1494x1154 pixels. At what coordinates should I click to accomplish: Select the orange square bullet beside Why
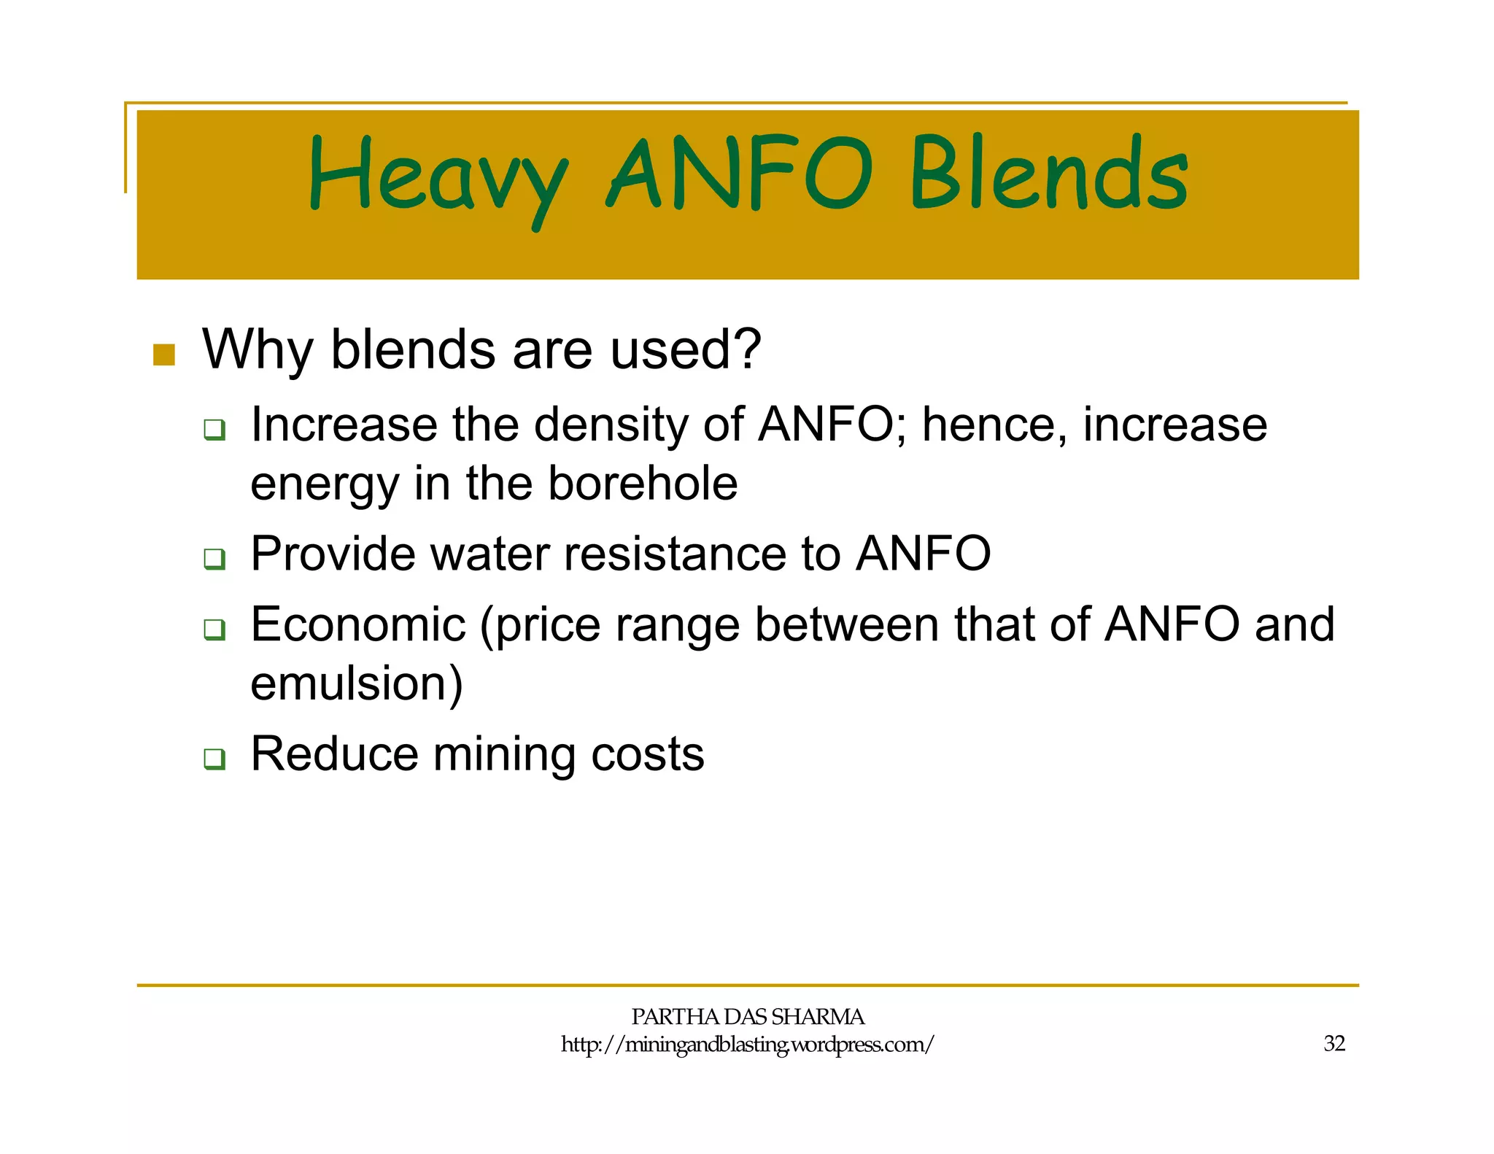pos(164,355)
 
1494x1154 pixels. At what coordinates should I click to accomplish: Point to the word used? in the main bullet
pos(686,349)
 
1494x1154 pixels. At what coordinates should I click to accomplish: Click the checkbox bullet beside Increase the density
pos(214,430)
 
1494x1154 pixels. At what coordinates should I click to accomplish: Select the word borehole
pos(643,484)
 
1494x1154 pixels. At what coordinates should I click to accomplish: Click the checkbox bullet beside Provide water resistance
pos(214,559)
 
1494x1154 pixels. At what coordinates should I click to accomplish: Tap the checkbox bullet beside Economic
pos(214,629)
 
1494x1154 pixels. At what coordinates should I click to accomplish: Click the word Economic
pos(358,624)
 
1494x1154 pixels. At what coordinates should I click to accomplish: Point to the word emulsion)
pos(357,684)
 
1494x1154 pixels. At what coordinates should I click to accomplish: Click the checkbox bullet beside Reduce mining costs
pos(214,759)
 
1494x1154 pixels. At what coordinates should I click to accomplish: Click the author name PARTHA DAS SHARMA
pos(747,1016)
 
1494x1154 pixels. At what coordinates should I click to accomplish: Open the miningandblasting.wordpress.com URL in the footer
pos(747,1045)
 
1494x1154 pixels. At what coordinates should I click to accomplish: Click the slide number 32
pos(1334,1044)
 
